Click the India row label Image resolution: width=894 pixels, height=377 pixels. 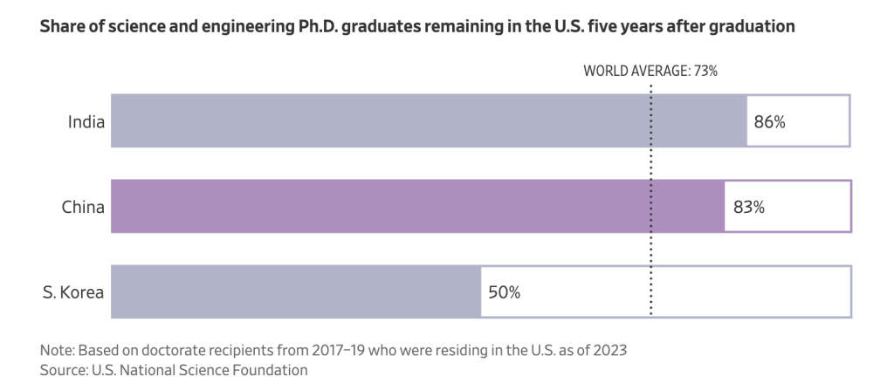click(86, 121)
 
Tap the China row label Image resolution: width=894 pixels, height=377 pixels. click(83, 207)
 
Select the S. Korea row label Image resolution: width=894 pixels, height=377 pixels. click(73, 291)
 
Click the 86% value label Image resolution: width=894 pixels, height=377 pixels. click(769, 121)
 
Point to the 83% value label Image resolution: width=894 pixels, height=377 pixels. click(747, 207)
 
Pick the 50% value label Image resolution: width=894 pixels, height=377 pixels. click(504, 291)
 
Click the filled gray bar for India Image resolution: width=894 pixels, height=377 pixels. click(428, 121)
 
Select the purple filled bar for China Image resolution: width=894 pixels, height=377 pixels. click(417, 207)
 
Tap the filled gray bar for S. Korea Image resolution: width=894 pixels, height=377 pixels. click(296, 291)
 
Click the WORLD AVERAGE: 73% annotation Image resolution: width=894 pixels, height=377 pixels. click(650, 72)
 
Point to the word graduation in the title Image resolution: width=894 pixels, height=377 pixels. click(751, 26)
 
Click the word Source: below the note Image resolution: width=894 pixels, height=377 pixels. click(64, 370)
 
